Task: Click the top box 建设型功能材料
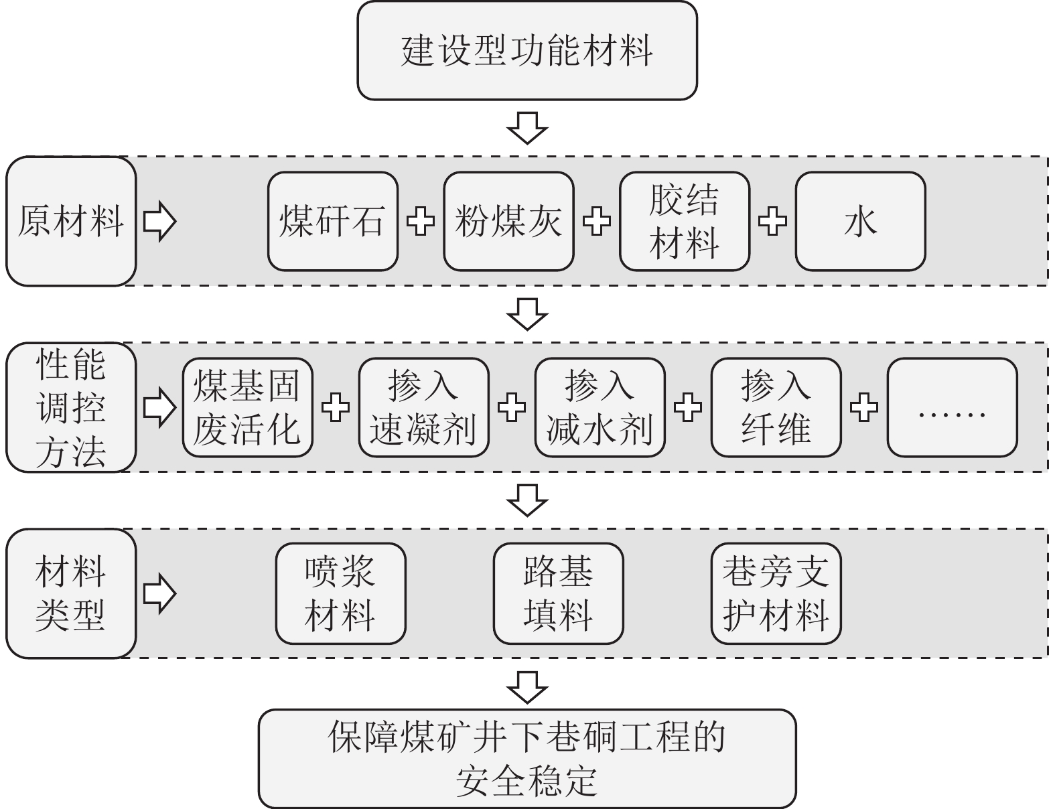tap(527, 51)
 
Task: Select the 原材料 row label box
tap(71, 222)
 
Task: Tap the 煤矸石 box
tap(332, 222)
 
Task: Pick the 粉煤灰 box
tap(508, 222)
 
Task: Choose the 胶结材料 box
tap(684, 222)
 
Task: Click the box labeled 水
tap(860, 222)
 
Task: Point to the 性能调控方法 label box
tap(71, 408)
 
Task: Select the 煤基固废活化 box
tap(247, 408)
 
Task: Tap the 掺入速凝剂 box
tap(423, 408)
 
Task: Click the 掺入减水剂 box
tap(600, 408)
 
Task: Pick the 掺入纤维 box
tap(776, 408)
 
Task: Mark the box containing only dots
tap(952, 408)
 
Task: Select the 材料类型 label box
tap(71, 593)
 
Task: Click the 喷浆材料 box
tap(340, 593)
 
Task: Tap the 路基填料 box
tap(558, 593)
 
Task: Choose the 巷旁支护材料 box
tap(776, 593)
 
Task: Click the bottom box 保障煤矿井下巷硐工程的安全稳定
tap(527, 759)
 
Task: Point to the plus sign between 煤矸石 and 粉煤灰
tap(421, 222)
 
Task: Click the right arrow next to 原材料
tap(159, 222)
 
